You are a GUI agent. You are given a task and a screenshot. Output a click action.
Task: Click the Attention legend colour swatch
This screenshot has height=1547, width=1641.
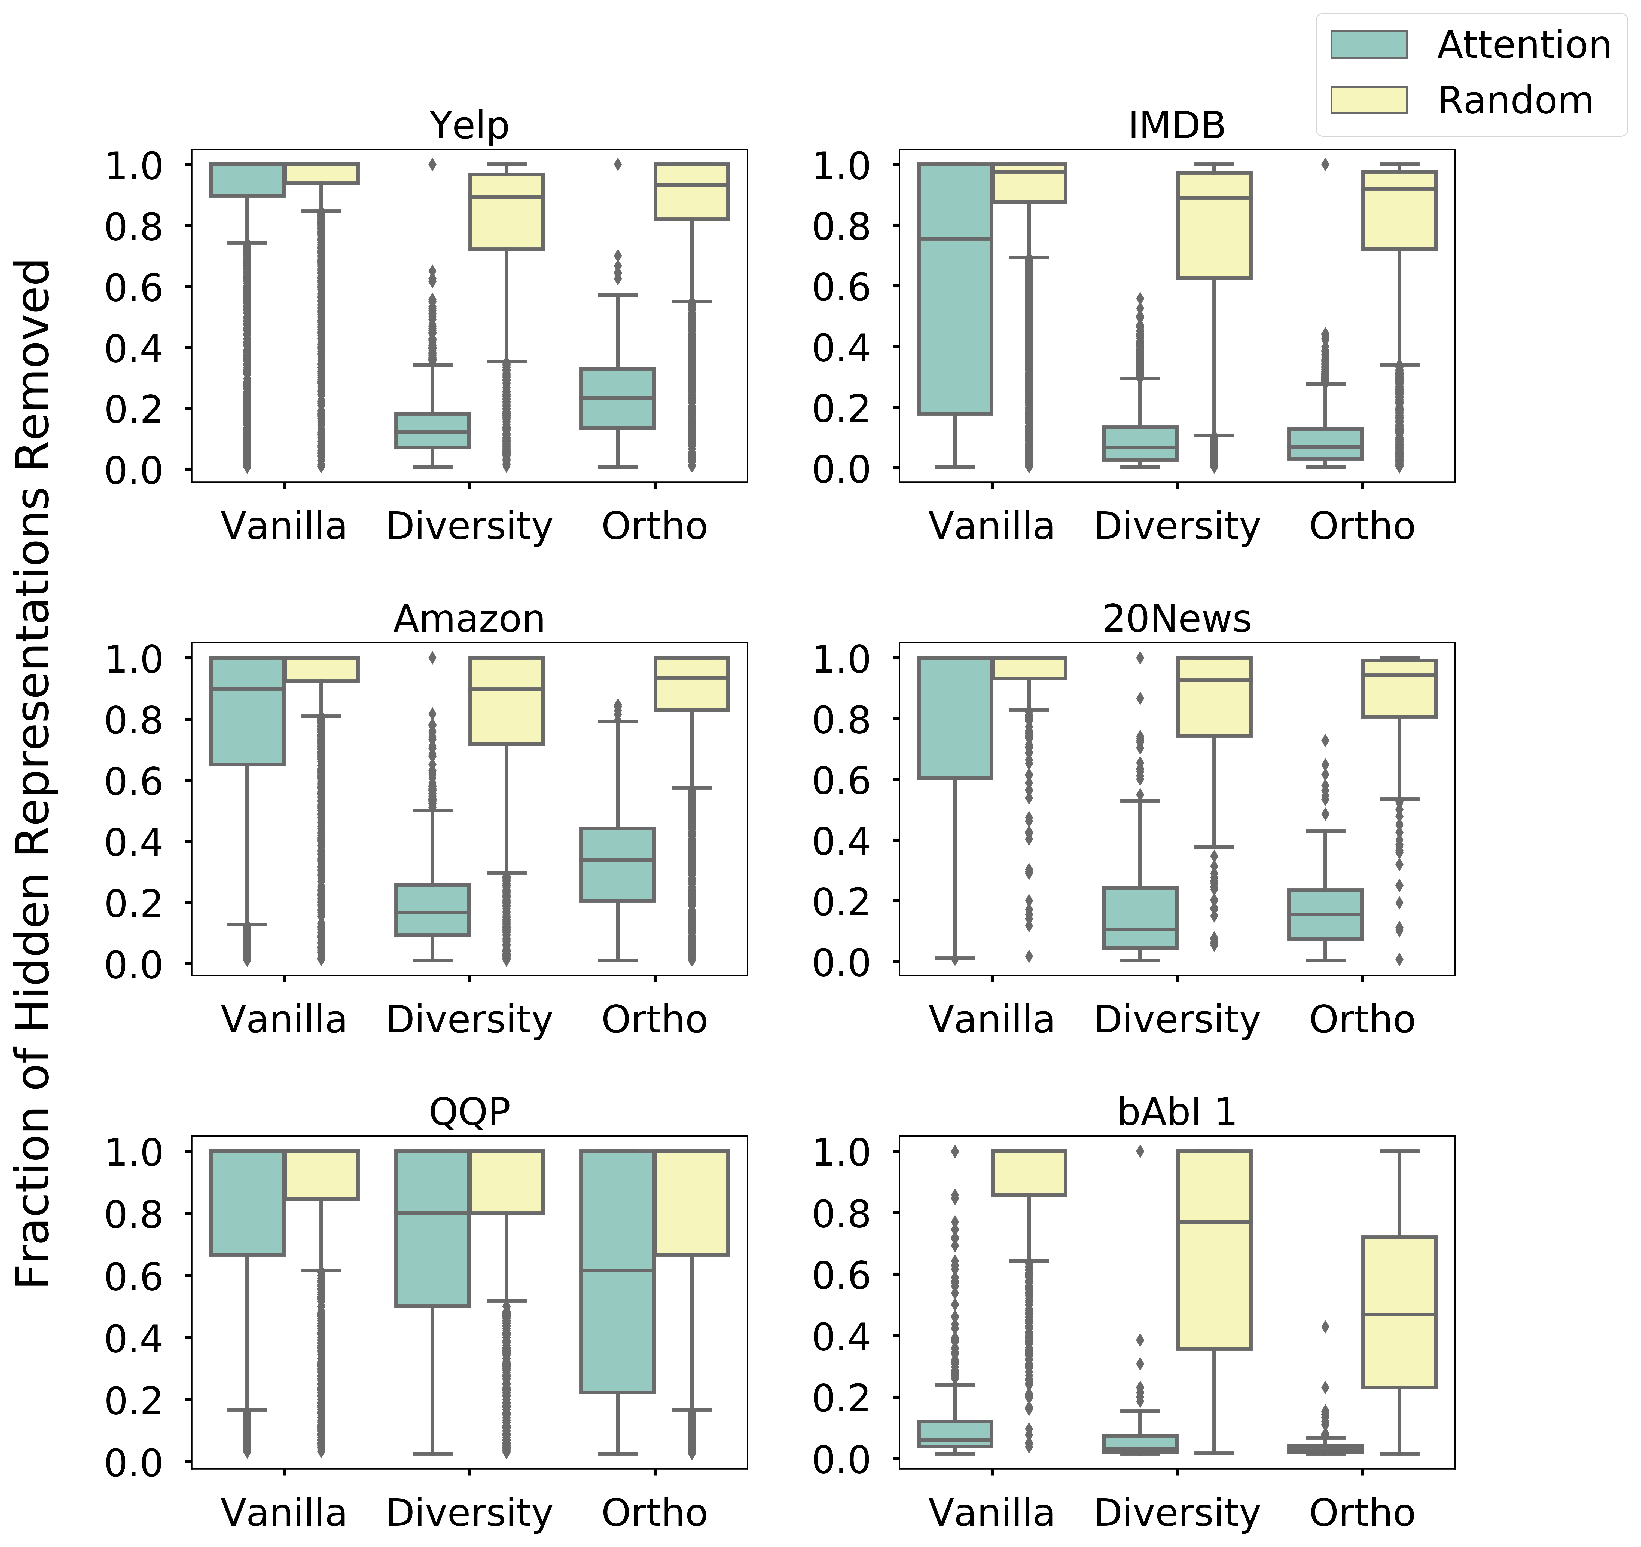click(1369, 45)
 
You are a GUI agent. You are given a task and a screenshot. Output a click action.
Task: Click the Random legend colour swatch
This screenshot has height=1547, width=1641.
click(1369, 100)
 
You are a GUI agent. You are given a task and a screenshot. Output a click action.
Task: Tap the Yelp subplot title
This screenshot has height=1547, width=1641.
click(469, 125)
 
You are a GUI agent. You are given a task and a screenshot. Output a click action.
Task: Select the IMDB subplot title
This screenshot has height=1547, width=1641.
click(1176, 125)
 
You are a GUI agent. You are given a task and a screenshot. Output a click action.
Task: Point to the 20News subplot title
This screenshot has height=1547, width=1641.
click(1176, 619)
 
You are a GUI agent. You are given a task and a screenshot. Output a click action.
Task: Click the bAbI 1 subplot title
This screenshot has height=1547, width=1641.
click(1176, 1112)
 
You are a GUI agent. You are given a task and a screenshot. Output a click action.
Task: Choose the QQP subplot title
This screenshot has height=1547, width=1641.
click(469, 1112)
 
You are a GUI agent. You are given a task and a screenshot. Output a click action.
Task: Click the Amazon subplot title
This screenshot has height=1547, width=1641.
click(469, 619)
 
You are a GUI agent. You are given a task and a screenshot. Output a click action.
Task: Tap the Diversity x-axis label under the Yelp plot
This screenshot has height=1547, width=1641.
click(469, 526)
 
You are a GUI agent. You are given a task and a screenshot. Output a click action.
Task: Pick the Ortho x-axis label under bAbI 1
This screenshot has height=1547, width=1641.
click(1362, 1513)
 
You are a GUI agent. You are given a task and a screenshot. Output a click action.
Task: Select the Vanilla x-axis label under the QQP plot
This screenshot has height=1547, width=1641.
click(284, 1513)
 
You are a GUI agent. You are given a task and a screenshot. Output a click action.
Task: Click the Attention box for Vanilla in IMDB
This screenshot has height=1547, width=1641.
click(955, 289)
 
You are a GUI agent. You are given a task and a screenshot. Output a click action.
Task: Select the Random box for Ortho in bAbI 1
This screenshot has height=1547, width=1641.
click(1399, 1312)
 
